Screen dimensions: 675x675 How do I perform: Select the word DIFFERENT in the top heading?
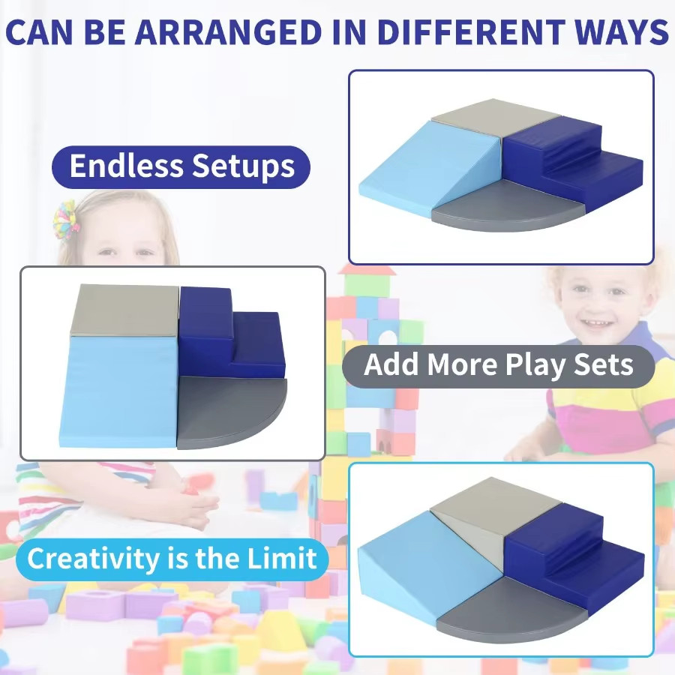[469, 31]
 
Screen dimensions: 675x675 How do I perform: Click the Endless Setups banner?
[181, 167]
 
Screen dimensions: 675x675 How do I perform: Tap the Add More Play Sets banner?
[499, 366]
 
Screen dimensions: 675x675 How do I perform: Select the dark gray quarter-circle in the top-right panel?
[508, 205]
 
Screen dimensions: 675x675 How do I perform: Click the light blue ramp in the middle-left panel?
[121, 391]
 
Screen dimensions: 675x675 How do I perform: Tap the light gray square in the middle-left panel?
[124, 310]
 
